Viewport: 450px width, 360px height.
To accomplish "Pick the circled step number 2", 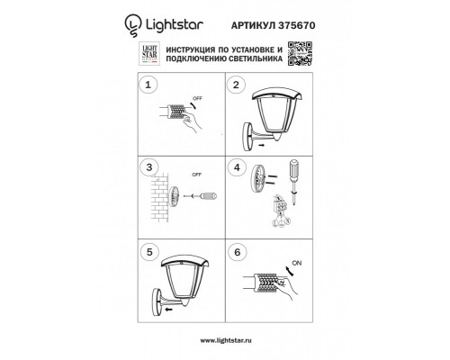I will click(236, 86).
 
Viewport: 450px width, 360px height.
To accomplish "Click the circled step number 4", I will click(236, 168).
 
